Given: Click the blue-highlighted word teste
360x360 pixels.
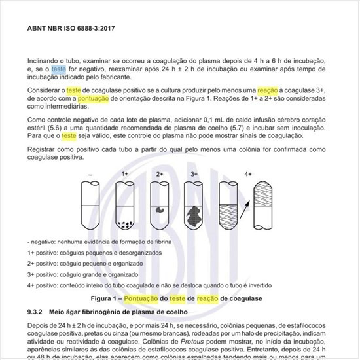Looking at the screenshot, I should (59, 69).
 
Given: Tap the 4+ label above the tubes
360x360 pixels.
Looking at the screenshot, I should (248, 175).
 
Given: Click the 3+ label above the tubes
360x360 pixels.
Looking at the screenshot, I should (194, 175).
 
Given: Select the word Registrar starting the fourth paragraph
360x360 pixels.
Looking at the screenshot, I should (43, 150).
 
